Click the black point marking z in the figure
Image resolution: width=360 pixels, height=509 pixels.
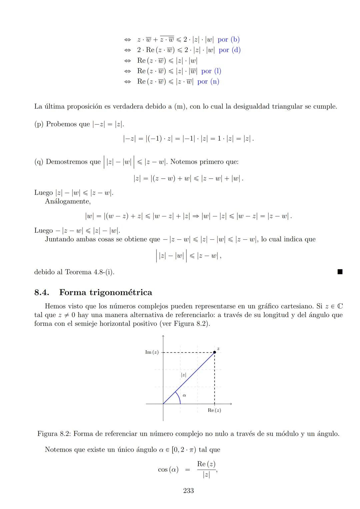(214, 352)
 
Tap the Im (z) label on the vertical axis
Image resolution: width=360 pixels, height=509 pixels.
(152, 352)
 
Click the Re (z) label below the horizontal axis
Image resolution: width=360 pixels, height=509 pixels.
(214, 410)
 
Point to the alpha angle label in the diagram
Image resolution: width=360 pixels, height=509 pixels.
(184, 395)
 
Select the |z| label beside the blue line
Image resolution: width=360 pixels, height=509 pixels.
(183, 375)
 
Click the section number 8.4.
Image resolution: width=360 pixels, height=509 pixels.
(42, 293)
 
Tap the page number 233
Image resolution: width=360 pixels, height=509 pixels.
(188, 491)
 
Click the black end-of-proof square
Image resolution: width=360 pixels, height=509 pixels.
(340, 272)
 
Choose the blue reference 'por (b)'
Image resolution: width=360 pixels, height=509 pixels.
(229, 40)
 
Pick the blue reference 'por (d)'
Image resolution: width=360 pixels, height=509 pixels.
(230, 50)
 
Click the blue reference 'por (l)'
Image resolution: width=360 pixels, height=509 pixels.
(211, 71)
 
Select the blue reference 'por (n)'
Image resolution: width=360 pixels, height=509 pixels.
(208, 82)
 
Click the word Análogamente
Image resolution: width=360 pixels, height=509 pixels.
(68, 201)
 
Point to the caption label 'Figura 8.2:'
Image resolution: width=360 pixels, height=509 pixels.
(54, 434)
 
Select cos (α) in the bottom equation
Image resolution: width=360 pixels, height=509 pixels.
(168, 470)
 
